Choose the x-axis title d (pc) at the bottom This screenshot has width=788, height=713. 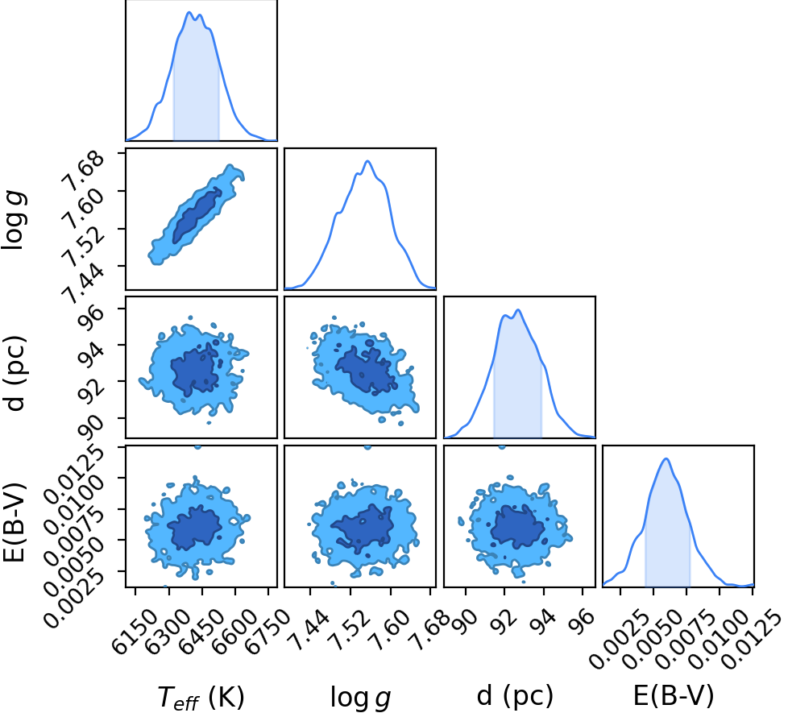click(515, 696)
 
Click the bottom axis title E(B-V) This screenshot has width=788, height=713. click(674, 696)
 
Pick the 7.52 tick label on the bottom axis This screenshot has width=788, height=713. click(346, 628)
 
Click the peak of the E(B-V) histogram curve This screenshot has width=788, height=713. click(666, 458)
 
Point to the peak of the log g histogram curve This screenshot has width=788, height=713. click(368, 161)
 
